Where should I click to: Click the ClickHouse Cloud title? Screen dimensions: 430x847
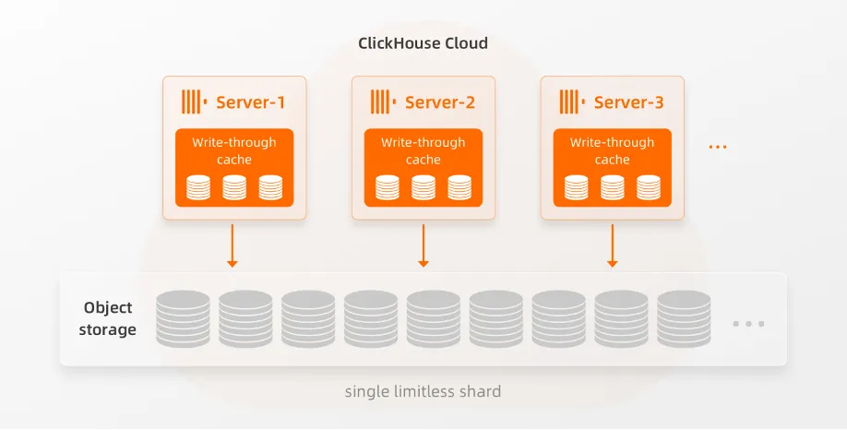[x=423, y=43]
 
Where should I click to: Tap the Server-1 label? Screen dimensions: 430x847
[x=250, y=102]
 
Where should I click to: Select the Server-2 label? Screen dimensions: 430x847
[x=440, y=102]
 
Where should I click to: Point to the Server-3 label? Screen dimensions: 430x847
[x=628, y=102]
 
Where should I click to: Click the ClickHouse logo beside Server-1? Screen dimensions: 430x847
[x=193, y=102]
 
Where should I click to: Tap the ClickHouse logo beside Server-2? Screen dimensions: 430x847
[x=382, y=102]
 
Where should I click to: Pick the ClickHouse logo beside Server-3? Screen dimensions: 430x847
[x=571, y=102]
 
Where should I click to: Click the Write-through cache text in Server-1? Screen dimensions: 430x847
[x=233, y=150]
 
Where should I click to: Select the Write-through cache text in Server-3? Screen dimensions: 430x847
[x=612, y=150]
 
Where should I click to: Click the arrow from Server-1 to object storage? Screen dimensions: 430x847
[x=233, y=245]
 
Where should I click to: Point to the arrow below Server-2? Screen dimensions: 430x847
[x=423, y=245]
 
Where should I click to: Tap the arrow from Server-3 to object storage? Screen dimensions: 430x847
[x=612, y=245]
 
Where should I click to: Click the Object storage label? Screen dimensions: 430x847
[x=108, y=318]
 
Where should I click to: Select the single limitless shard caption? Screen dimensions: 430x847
[x=423, y=391]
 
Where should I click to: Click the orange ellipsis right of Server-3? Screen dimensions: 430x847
[x=718, y=147]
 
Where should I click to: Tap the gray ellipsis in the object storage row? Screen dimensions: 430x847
[x=748, y=324]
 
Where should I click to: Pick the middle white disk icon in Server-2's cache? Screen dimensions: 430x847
[x=423, y=187]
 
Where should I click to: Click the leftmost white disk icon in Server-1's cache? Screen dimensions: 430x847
[x=198, y=187]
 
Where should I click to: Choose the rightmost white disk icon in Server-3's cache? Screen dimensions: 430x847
[x=649, y=187]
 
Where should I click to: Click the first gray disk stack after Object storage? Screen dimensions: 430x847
[x=183, y=318]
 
